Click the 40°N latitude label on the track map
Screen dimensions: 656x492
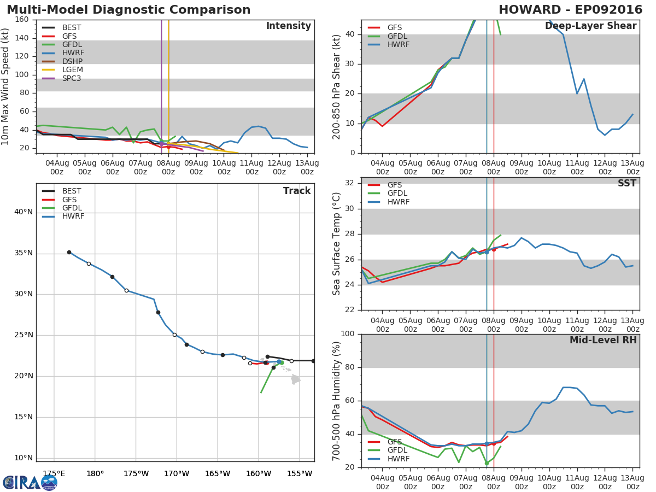pos(24,212)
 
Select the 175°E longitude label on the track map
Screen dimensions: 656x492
pos(54,474)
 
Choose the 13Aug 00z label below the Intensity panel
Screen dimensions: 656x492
pos(307,168)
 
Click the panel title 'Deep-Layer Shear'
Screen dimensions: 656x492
pos(590,26)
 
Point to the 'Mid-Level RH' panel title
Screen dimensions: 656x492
pos(603,340)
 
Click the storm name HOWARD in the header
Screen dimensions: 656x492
pos(530,9)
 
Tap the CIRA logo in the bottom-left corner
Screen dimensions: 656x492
pos(30,483)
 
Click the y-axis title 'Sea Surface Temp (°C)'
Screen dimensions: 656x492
pos(336,244)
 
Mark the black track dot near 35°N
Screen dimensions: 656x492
pos(69,253)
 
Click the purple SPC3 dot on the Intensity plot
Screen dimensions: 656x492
pos(162,144)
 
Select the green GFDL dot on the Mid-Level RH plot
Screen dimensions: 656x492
pos(487,463)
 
